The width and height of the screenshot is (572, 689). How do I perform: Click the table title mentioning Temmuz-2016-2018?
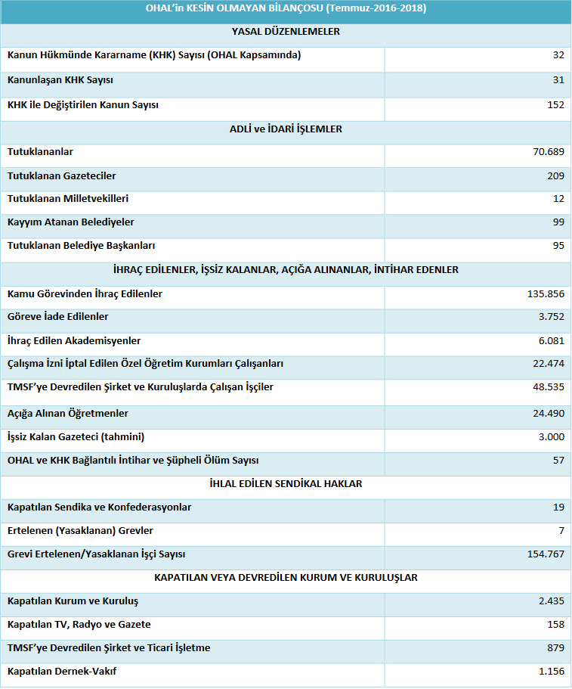click(286, 9)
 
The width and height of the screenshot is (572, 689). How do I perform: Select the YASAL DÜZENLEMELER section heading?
click(286, 32)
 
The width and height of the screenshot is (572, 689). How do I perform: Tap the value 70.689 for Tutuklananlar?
click(549, 152)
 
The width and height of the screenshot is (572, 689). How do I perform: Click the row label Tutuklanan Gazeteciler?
click(62, 175)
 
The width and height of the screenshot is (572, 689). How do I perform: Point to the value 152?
click(555, 105)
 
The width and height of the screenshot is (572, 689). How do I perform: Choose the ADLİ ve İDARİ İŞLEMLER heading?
click(286, 129)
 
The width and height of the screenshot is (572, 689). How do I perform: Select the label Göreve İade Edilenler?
click(58, 316)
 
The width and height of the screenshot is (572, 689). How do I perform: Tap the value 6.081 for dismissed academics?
click(552, 341)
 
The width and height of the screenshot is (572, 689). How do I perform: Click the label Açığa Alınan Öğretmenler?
click(68, 414)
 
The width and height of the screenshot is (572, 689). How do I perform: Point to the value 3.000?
click(552, 437)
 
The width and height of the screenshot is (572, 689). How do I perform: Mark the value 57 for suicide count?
click(558, 461)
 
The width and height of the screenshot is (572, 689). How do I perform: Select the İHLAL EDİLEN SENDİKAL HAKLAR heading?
click(286, 483)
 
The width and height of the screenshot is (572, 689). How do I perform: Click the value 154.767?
click(546, 554)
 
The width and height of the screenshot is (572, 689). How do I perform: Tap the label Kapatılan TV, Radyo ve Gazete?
click(79, 624)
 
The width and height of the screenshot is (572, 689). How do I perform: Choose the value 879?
click(555, 648)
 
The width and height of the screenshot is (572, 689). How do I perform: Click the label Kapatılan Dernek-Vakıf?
click(62, 671)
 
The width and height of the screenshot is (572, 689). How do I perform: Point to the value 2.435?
click(552, 601)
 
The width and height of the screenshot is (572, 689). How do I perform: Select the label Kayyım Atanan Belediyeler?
click(70, 222)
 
